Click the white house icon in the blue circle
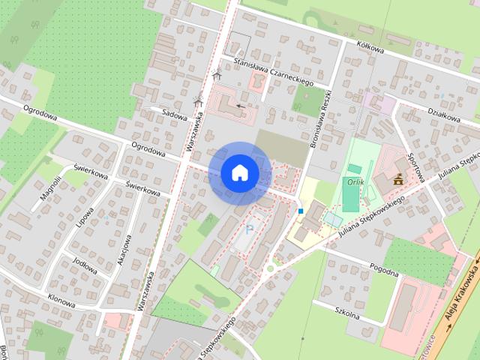pos(240,173)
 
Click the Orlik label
pos(355,181)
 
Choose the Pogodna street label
pos(384,268)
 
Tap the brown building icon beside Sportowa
pos(398,179)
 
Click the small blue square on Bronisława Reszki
pos(301,211)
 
